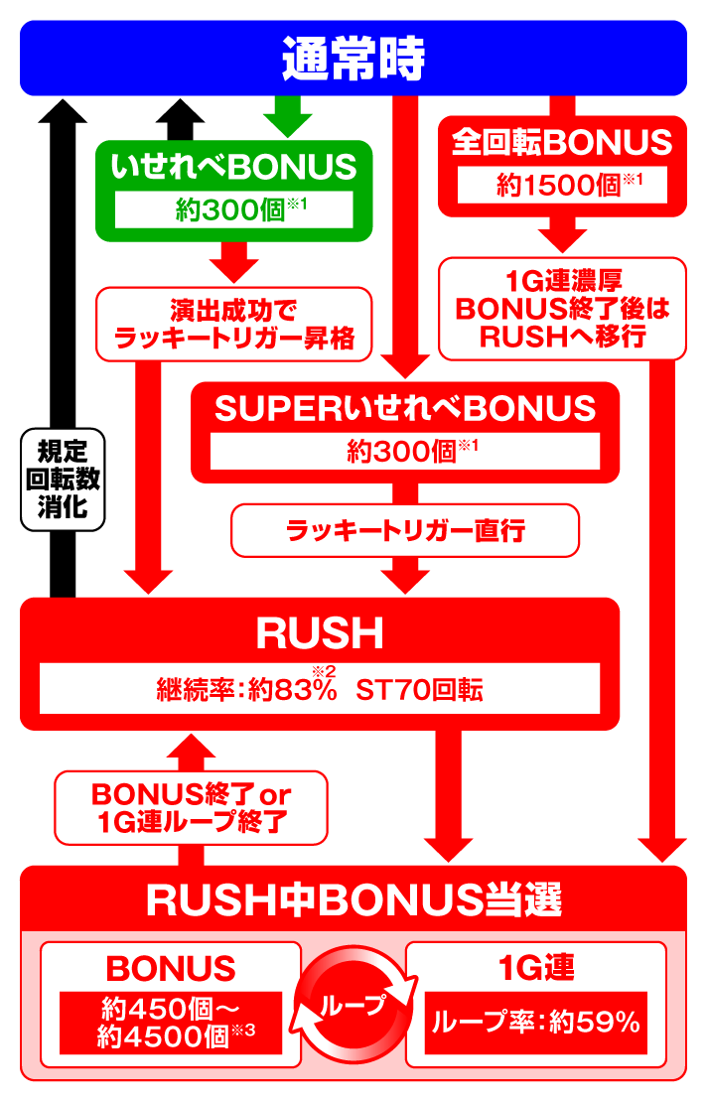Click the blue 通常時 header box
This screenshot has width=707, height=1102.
pos(353,59)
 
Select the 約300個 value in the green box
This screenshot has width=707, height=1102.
pos(235,207)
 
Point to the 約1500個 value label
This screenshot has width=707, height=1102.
pos(562,185)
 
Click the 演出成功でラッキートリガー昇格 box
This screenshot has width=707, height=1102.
pos(233,324)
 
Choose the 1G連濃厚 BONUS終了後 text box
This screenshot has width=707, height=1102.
pos(562,308)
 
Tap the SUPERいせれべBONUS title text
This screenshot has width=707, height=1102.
pos(405,408)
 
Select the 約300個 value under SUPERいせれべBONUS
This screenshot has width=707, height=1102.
pos(405,451)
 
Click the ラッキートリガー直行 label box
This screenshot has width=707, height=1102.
pos(405,531)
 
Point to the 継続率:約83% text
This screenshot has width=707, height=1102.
pos(247,689)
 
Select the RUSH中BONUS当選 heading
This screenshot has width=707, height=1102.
pos(353,899)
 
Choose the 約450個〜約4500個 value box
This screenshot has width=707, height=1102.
pos(171,1023)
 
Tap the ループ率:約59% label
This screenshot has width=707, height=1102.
pos(536,1023)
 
